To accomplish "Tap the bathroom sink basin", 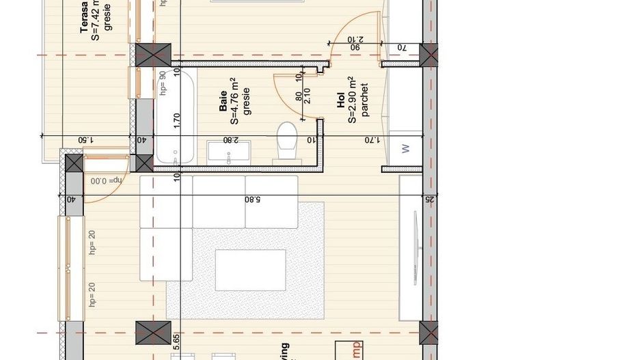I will pos(229,151).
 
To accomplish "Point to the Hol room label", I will pos(340,102).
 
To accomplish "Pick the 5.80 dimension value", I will pos(254,199).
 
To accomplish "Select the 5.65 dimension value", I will pos(176,342).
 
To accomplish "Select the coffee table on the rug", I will pos(251,270).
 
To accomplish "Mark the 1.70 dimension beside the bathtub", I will pos(176,117).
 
